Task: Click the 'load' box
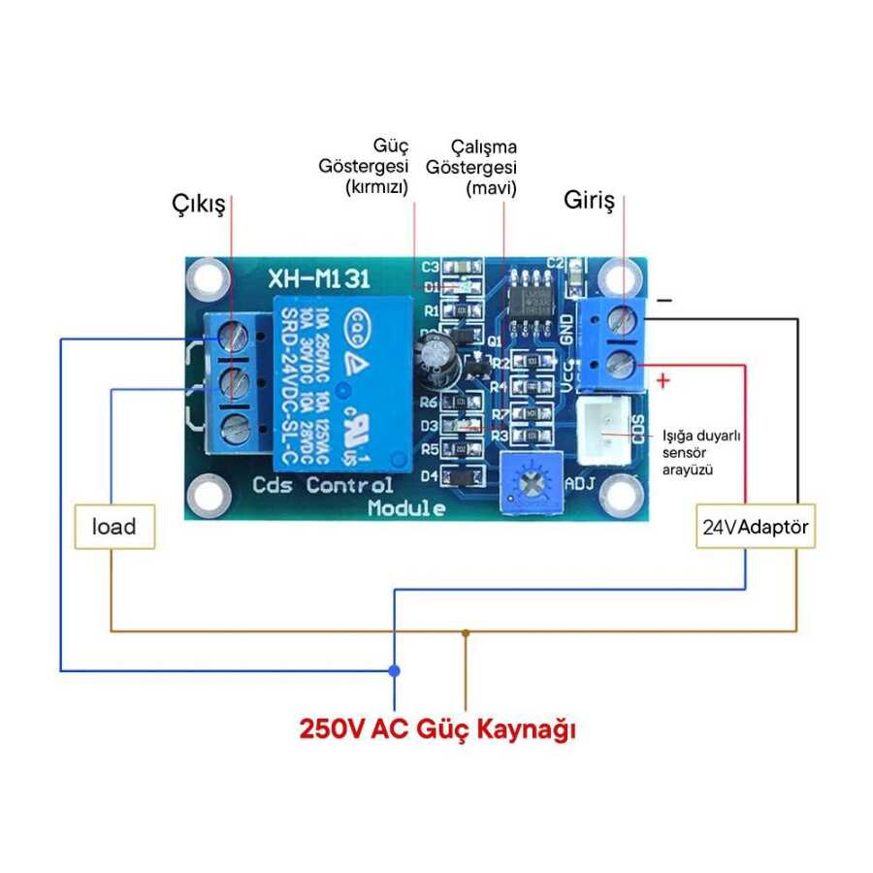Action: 113,527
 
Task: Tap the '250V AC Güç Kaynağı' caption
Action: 437,728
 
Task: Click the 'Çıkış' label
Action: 199,205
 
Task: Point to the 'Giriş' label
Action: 590,201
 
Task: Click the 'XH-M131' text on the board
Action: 318,280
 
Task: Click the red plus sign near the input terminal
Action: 663,378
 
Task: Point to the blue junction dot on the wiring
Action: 394,670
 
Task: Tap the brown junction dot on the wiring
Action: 466,632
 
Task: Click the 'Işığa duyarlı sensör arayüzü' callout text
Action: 700,452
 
